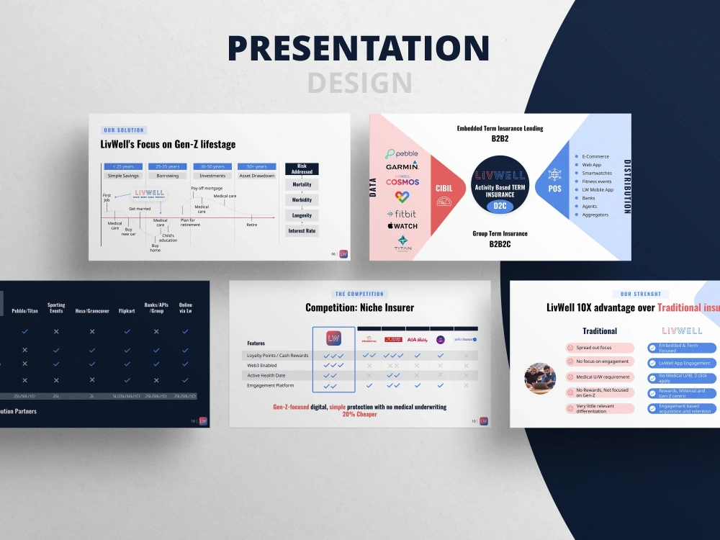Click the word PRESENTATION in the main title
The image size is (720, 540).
point(359,49)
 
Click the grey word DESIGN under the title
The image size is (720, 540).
point(359,83)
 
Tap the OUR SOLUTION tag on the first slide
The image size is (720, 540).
point(124,130)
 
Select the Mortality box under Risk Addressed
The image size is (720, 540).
point(302,184)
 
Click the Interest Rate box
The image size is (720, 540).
point(302,231)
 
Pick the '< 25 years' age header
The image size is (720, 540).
point(123,166)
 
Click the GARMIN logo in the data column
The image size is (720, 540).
point(402,166)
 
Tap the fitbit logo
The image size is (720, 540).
point(402,214)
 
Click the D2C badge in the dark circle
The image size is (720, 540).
point(500,206)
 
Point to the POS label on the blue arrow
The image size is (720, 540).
point(555,189)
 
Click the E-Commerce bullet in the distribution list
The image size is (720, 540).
point(595,156)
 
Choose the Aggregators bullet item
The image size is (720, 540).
point(595,215)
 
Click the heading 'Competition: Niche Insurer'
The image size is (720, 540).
point(359,307)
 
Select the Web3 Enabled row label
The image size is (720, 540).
point(263,366)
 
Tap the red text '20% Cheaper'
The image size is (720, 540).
point(359,415)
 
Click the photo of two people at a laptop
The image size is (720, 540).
point(540,378)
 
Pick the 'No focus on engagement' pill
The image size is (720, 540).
point(602,361)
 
